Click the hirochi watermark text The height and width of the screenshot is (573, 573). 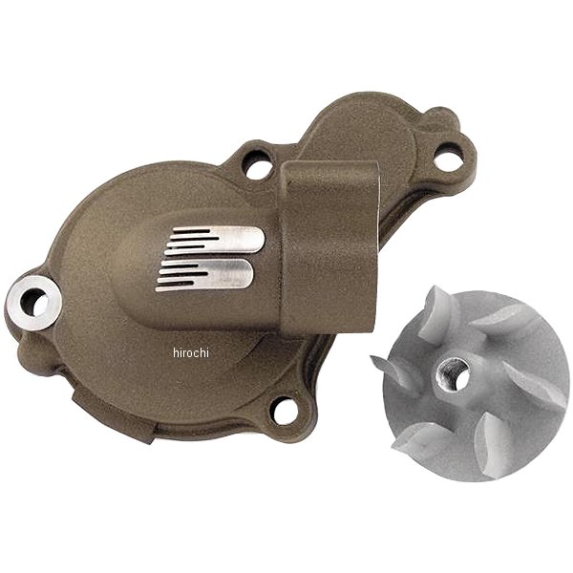(191, 353)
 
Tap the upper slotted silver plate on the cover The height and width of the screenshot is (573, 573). (215, 240)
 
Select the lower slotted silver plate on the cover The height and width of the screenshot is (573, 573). (205, 275)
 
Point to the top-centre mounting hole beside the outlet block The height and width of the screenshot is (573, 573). (258, 165)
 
